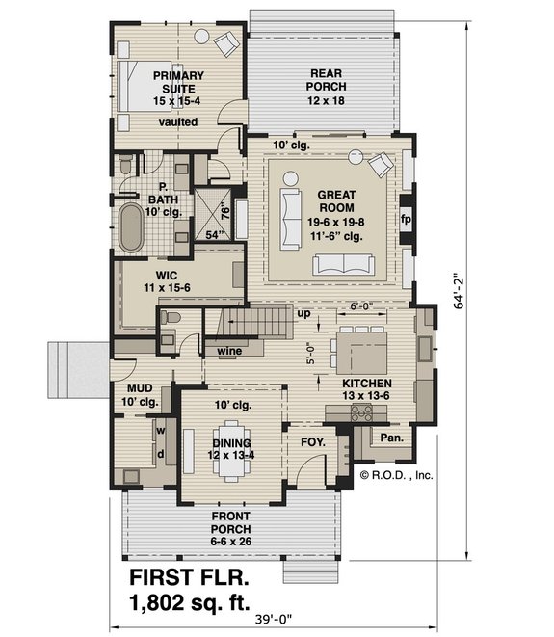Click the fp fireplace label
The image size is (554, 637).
pyautogui.click(x=406, y=218)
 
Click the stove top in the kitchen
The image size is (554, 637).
pyautogui.click(x=363, y=412)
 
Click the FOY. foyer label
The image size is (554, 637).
pyautogui.click(x=313, y=442)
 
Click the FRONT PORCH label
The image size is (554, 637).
pyautogui.click(x=231, y=522)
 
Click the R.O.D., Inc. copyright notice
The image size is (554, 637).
pyautogui.click(x=398, y=474)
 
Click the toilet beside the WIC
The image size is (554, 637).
pyautogui.click(x=170, y=318)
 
